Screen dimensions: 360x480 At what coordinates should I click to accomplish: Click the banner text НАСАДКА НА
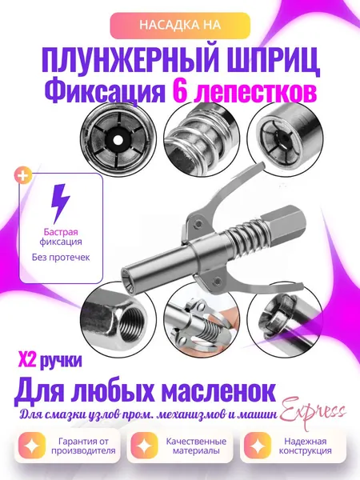pos(180,25)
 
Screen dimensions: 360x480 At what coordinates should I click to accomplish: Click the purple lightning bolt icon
pos(61,203)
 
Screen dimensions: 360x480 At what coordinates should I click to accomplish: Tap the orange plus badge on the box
pos(23,176)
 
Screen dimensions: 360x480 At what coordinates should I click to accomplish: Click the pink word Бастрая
pos(61,232)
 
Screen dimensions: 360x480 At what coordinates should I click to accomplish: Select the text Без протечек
pos(61,257)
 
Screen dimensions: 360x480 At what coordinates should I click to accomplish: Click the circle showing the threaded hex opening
pos(118,318)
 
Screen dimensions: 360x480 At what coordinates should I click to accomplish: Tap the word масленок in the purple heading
pos(218,391)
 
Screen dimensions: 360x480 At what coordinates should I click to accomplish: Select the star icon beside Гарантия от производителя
pos(32,446)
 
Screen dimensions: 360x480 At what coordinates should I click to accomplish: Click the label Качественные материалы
pos(196,446)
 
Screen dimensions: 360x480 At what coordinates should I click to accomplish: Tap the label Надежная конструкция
pos(306,446)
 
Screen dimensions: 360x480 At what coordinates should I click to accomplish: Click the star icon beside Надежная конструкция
pos(258,446)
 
